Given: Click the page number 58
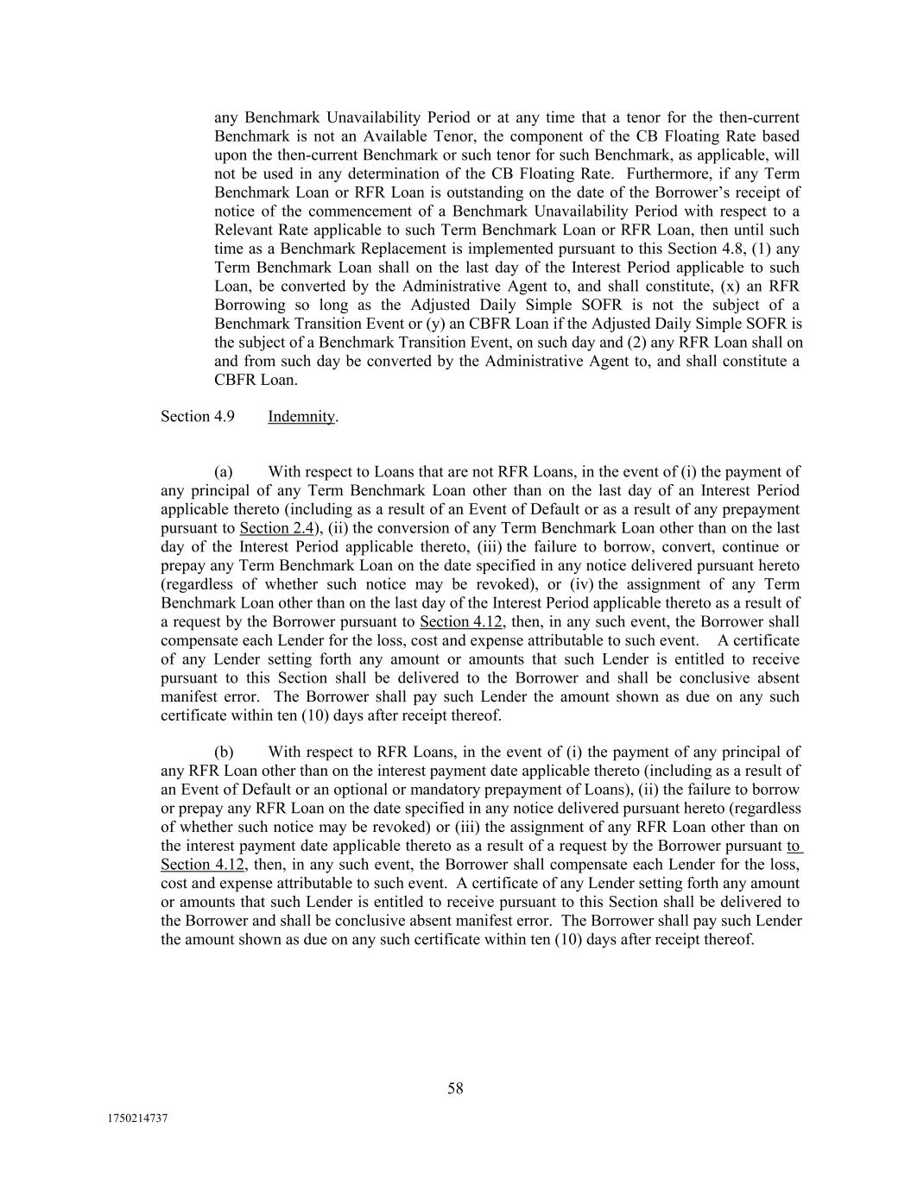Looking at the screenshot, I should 455,1088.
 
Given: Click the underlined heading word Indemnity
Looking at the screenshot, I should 301,416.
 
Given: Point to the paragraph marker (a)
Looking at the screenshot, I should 224,472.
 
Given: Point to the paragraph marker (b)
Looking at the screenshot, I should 224,752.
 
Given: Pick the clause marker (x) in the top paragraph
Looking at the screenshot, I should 731,287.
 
